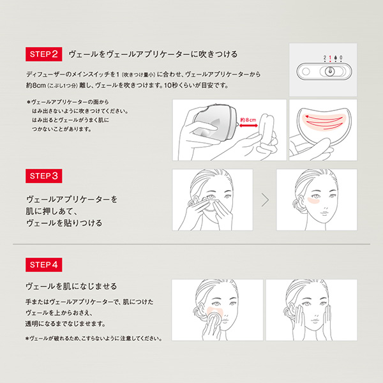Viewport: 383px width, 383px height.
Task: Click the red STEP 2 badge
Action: click(x=43, y=53)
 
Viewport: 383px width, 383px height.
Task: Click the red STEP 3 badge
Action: click(x=43, y=175)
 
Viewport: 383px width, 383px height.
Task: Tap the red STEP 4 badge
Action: click(x=43, y=262)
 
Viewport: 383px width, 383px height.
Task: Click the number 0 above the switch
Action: click(x=342, y=57)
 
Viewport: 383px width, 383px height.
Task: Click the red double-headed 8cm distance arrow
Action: click(x=247, y=125)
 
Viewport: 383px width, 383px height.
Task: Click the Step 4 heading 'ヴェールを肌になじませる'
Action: click(x=71, y=285)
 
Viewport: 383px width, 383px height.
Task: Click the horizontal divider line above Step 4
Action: click(x=191, y=244)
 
